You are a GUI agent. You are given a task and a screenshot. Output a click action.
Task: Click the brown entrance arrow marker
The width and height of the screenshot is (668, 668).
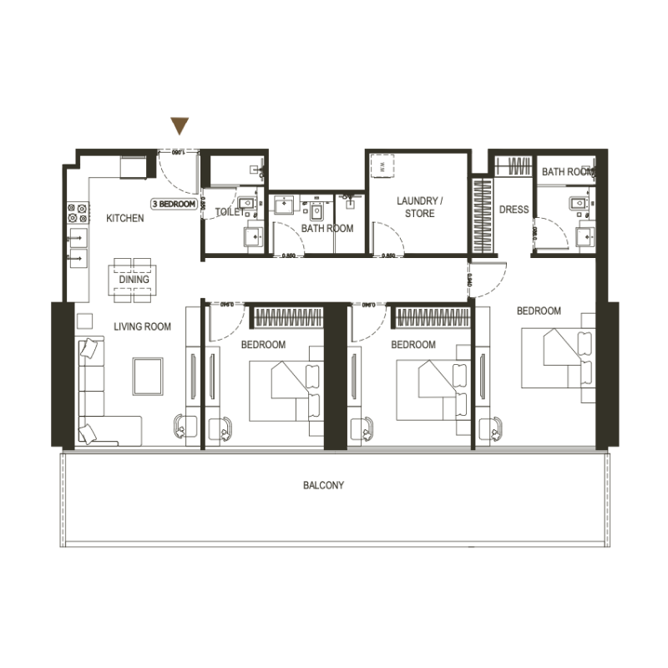[180, 126]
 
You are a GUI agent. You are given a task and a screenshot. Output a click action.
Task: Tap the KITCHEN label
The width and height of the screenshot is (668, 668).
[125, 218]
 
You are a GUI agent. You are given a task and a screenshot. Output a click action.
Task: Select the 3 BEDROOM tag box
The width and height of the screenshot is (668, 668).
[174, 204]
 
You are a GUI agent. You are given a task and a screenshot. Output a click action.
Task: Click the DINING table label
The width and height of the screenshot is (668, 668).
[134, 280]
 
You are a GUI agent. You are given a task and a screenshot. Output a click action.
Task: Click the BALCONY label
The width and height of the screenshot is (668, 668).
[324, 485]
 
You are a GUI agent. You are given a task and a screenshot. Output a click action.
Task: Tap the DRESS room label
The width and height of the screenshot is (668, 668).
[514, 210]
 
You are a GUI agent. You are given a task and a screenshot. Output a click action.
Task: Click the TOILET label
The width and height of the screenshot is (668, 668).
[228, 212]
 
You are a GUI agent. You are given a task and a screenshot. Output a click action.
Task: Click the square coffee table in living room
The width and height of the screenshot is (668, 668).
[148, 376]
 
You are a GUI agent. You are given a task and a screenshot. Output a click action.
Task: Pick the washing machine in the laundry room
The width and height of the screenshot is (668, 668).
[382, 165]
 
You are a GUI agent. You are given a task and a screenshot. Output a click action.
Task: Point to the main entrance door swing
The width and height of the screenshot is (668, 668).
[177, 171]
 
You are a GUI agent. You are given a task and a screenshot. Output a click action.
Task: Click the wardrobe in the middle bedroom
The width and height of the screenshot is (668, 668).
[432, 317]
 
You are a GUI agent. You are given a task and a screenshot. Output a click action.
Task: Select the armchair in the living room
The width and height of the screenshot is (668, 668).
[182, 426]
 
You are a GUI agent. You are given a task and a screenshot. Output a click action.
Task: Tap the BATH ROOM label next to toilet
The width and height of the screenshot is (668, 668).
[327, 228]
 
